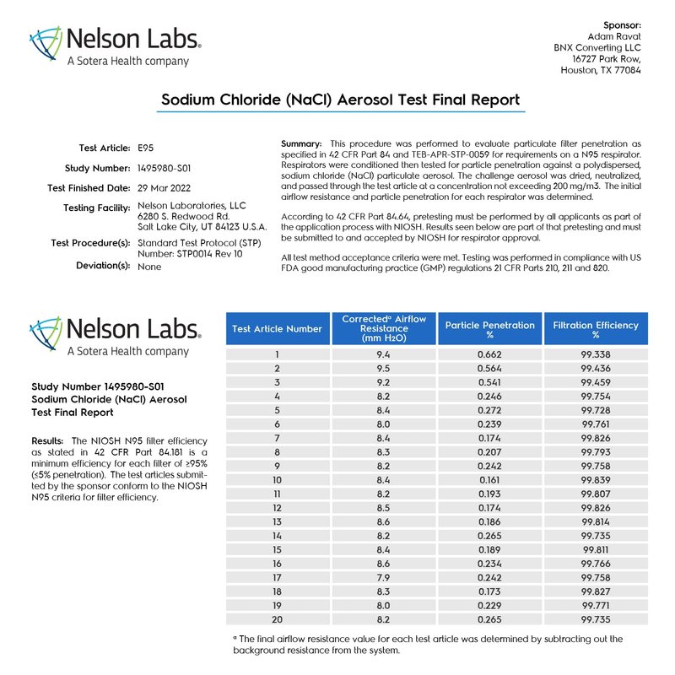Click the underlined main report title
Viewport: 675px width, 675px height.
340,100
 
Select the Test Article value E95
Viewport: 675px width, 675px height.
146,148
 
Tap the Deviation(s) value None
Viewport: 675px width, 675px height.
148,266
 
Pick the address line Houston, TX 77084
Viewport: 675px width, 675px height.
601,71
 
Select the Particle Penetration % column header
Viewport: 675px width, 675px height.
489,329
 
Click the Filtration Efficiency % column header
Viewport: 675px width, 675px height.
596,329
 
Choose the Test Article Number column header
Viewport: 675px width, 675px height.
277,329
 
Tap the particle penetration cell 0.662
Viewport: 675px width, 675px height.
489,355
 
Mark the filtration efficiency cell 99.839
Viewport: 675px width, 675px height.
596,479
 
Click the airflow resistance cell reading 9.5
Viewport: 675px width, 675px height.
382,369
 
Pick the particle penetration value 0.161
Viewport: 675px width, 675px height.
489,479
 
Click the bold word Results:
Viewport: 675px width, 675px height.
48,441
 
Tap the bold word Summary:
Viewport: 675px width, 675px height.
301,145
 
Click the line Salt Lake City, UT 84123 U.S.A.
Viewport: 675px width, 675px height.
202,226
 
